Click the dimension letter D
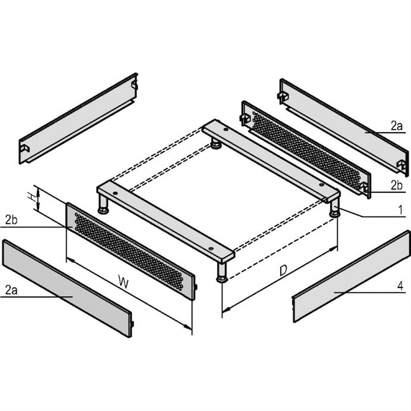(x=283, y=271)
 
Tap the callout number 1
(x=401, y=210)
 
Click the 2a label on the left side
(x=11, y=290)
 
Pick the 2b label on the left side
(x=11, y=220)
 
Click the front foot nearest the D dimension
(x=222, y=272)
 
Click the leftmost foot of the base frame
(x=103, y=204)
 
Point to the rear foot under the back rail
(x=216, y=144)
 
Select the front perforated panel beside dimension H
(x=131, y=251)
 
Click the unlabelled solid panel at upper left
(x=78, y=119)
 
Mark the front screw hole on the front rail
(x=211, y=248)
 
